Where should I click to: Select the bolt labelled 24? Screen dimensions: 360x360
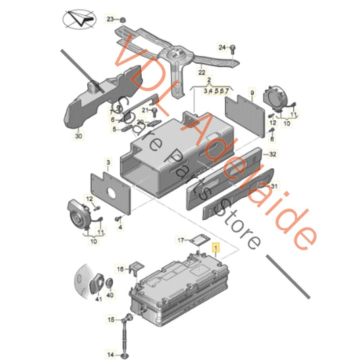tap(232, 48)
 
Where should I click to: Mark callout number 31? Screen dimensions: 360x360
tap(274, 187)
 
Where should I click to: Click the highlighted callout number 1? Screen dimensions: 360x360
tap(216, 249)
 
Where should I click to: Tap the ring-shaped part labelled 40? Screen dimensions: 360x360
tap(111, 284)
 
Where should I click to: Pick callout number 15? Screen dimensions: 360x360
tap(111, 319)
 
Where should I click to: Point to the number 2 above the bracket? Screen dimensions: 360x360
tap(200, 80)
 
